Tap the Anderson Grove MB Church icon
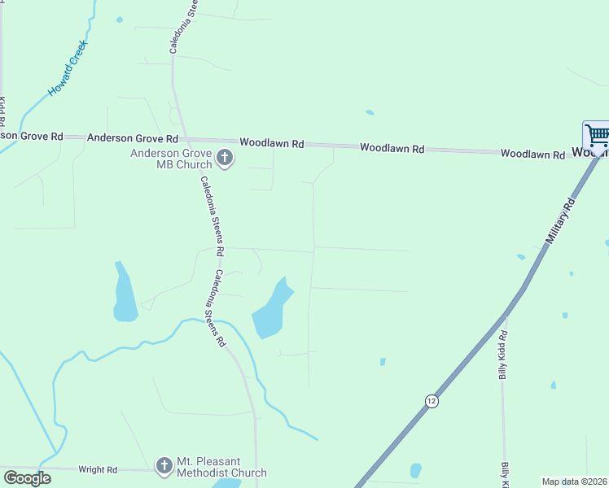click(x=226, y=158)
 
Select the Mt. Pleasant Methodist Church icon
click(x=165, y=465)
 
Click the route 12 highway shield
click(x=431, y=400)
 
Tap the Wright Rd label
click(x=98, y=469)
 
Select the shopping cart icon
click(x=597, y=135)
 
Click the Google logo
click(x=27, y=477)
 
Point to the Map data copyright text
click(x=575, y=481)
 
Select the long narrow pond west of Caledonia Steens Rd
click(x=124, y=293)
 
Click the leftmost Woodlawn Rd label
click(x=271, y=143)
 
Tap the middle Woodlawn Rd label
click(x=392, y=149)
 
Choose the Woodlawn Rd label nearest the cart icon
click(x=532, y=153)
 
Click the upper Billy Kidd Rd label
click(x=504, y=355)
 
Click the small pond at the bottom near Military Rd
click(x=416, y=470)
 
